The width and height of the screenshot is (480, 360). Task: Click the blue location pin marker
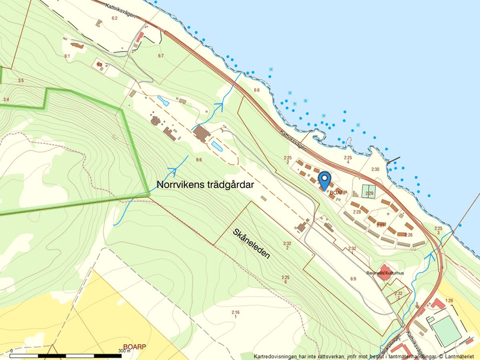tap(325, 180)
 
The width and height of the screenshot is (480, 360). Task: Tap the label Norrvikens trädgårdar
tap(205, 185)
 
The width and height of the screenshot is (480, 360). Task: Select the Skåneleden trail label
tap(251, 244)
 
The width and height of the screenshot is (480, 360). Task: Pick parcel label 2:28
tap(357, 212)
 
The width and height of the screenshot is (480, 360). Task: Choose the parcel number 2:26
tap(408, 234)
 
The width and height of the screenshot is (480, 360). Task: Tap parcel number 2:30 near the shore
tap(375, 169)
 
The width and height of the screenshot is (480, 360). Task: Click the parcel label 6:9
tap(353, 279)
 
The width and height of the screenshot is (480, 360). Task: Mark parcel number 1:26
tap(449, 300)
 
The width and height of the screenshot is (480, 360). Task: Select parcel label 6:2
tap(114, 18)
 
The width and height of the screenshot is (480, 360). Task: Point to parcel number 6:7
tap(161, 55)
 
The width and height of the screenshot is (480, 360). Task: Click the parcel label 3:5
tap(21, 80)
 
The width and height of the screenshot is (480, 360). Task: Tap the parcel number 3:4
tap(6, 100)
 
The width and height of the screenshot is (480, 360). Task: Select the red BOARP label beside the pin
tap(339, 193)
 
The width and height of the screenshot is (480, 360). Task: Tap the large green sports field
tap(446, 329)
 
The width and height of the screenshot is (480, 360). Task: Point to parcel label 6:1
tap(67, 56)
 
